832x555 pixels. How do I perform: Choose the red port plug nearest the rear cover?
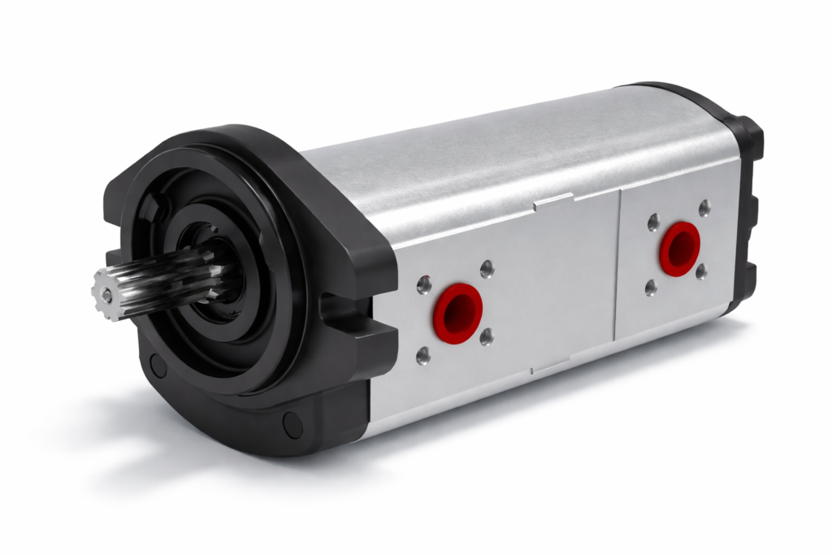679,248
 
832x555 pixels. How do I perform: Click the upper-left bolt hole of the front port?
423,284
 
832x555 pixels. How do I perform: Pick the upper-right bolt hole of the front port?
487,269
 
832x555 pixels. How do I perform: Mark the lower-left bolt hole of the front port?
423,355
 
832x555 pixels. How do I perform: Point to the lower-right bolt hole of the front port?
486,336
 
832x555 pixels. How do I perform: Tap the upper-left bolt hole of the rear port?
652,221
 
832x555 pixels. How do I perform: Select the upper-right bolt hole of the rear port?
704,208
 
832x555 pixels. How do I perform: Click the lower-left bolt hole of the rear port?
651,287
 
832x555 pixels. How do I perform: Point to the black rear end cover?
743,203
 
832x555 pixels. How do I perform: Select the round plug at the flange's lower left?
158,366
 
